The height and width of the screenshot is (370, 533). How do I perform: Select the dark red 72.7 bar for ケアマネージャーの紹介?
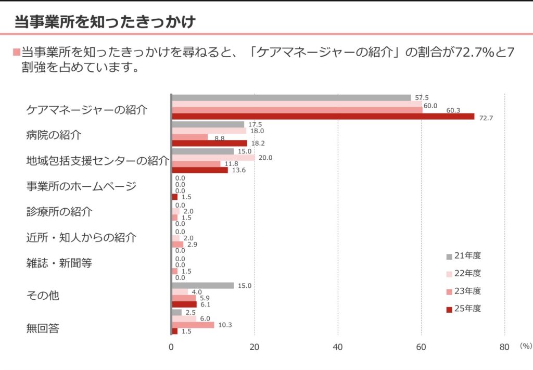[323, 117]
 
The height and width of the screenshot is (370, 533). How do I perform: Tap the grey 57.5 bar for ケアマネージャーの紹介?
[291, 97]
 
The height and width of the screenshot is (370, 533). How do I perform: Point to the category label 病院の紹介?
[54, 135]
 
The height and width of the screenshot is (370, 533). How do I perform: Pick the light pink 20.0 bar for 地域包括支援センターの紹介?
[213, 157]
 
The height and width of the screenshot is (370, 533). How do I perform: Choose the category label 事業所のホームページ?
[82, 186]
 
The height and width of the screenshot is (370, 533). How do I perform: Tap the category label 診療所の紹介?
[59, 212]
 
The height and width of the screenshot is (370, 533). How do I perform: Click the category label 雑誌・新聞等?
[59, 263]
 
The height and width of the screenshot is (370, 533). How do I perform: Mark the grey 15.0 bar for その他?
[202, 285]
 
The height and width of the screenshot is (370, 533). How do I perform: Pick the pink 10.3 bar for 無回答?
[193, 325]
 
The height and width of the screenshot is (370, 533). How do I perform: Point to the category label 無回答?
[43, 328]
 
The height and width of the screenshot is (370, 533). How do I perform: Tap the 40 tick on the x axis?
[338, 348]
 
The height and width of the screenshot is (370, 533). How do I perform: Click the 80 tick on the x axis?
[504, 348]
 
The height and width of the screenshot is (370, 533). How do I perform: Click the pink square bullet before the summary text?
[16, 53]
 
